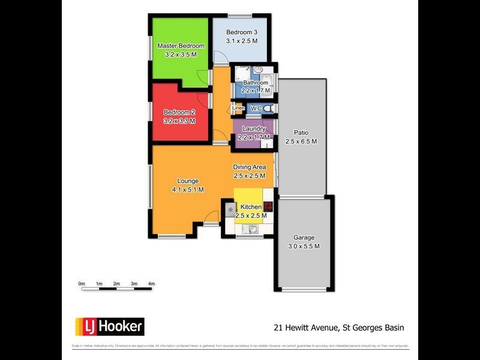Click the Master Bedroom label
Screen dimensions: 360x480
(181, 46)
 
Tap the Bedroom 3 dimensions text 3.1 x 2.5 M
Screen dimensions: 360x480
(242, 41)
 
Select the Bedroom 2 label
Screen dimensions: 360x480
(180, 112)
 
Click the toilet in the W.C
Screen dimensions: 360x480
(268, 109)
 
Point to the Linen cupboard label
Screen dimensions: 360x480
(238, 109)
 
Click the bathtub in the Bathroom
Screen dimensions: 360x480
(268, 85)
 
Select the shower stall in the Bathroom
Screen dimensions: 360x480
(240, 75)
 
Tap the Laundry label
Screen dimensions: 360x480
(254, 129)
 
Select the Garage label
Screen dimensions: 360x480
(304, 238)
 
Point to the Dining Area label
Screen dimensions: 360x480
(250, 167)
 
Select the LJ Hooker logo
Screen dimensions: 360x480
(109, 326)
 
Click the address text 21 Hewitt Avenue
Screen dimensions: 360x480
(305, 328)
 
